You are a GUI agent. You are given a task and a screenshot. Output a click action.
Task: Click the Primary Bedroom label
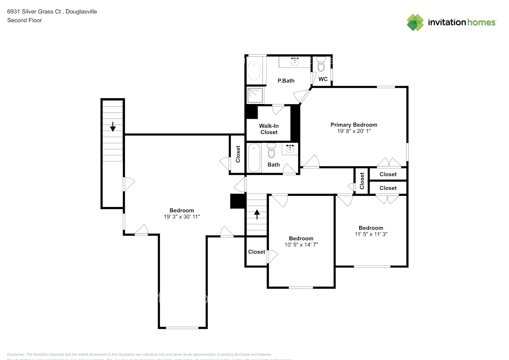[354, 125]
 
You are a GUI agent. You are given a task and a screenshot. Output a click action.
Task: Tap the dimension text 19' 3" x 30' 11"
[182, 217]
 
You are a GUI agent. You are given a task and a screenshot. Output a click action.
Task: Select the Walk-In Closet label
[269, 129]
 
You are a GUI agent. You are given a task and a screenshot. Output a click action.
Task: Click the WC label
[323, 79]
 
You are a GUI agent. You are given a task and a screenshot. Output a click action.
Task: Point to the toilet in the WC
[321, 65]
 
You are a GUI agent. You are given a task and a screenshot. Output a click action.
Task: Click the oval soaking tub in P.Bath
[254, 71]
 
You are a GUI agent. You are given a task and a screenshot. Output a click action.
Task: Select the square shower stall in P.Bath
[255, 95]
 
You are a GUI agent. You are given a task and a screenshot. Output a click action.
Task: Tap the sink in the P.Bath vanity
[295, 61]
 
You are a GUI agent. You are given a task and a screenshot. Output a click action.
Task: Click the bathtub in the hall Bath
[254, 158]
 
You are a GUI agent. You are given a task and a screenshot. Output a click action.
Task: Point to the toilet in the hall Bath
[271, 151]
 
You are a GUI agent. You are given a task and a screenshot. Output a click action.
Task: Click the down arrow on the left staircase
[113, 127]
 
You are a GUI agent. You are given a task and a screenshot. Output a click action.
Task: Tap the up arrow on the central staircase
[257, 214]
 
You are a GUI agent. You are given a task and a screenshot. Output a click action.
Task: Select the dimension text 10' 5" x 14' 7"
[301, 245]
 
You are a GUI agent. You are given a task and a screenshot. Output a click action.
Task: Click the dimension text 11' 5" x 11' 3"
[371, 234]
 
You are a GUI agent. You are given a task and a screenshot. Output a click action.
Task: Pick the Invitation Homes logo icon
[415, 22]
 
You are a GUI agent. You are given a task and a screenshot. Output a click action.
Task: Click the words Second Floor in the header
[24, 21]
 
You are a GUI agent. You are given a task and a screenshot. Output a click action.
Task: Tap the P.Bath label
[286, 81]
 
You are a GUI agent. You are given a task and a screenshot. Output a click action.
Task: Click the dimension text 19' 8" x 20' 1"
[354, 131]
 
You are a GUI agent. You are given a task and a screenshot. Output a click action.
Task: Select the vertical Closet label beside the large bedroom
[238, 154]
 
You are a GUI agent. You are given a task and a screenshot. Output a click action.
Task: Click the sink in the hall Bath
[290, 148]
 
